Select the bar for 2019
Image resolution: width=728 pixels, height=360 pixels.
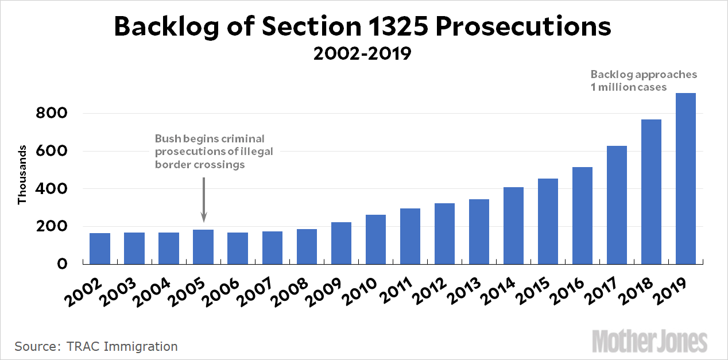click(x=686, y=179)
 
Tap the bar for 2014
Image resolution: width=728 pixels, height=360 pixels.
click(x=513, y=226)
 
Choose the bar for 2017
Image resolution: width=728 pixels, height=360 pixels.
click(x=617, y=205)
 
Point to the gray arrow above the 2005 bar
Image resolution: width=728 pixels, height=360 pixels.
click(x=204, y=199)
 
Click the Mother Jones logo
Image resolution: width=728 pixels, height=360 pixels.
click(x=649, y=341)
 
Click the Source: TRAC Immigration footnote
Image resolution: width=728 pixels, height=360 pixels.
click(x=96, y=346)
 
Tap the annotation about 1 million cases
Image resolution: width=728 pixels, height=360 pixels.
click(x=644, y=81)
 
